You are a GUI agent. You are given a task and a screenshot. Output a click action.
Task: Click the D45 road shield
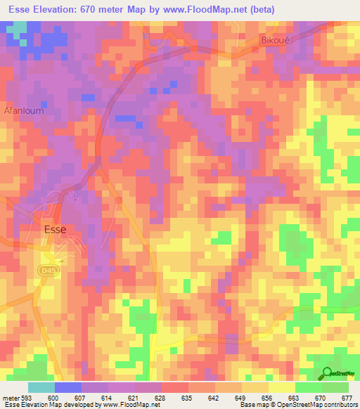click(x=48, y=270)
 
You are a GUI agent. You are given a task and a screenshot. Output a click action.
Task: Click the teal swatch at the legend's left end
click(x=41, y=387)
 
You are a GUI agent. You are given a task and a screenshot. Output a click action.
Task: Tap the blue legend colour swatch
click(x=68, y=387)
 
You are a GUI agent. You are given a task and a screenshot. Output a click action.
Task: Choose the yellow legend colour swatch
click(x=282, y=387)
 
